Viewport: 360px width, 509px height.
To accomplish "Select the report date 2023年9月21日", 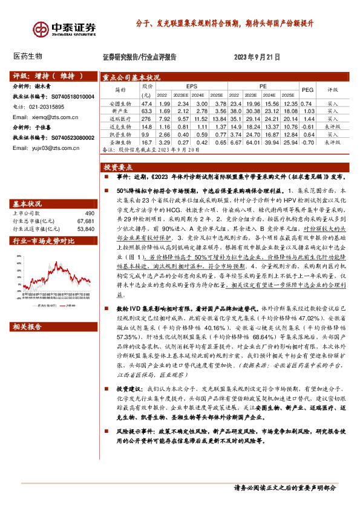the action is click(x=257, y=57).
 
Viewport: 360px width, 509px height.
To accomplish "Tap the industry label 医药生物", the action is click(x=28, y=56).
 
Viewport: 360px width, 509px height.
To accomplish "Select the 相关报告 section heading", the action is click(x=27, y=326).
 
